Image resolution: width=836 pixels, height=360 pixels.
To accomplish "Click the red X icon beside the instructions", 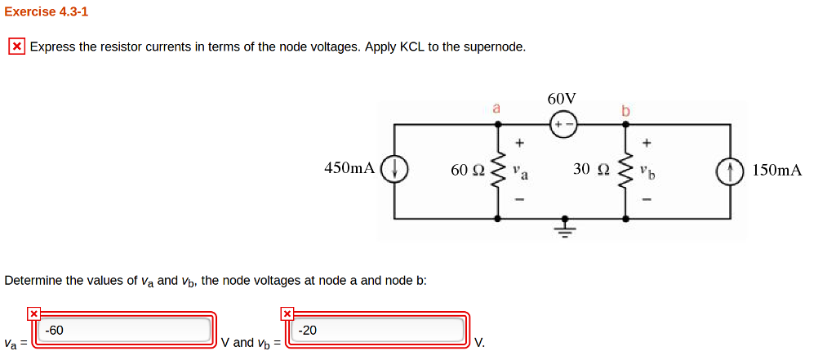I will click(16, 47).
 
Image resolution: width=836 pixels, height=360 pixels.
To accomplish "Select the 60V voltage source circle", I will click(563, 124).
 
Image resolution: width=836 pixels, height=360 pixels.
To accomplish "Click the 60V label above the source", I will click(562, 98).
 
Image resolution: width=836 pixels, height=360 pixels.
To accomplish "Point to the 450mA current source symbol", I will click(395, 170).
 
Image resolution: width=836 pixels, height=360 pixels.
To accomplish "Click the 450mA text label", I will click(349, 168).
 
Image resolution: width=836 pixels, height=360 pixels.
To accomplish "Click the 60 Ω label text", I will click(467, 170).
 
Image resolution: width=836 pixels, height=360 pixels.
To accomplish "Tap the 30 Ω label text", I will click(591, 169).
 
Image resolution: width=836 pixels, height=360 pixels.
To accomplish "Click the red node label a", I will click(496, 107).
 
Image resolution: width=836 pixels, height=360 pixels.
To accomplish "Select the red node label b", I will click(626, 109).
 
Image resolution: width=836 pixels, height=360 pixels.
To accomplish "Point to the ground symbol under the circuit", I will click(563, 226).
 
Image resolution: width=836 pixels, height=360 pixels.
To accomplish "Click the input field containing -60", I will click(126, 331).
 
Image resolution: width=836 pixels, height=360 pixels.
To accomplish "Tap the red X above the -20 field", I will click(287, 313).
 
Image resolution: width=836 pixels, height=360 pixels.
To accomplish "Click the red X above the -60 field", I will click(33, 313).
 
